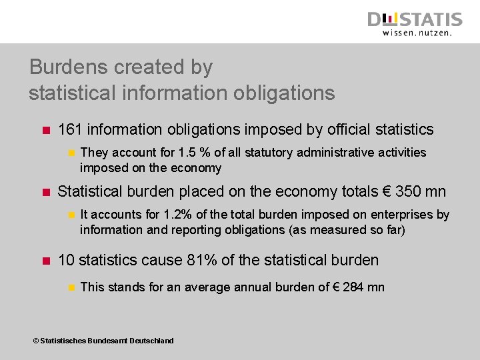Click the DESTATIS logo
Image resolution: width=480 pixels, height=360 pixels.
tap(415, 19)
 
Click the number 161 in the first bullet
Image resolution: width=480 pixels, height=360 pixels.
tap(70, 130)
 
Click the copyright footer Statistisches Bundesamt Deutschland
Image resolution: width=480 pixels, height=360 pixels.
tap(103, 341)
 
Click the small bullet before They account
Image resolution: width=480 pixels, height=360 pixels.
tap(69, 153)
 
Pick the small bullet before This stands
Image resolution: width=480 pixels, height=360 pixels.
tap(69, 287)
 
